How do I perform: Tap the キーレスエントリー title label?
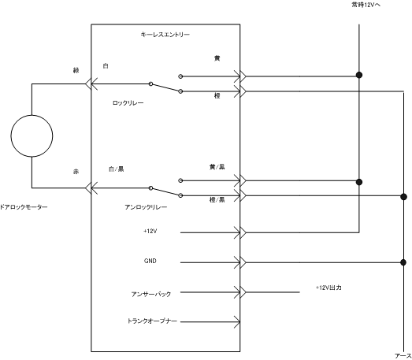[x=165, y=35]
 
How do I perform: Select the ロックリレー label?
[x=128, y=102]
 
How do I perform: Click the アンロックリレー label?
[x=146, y=207]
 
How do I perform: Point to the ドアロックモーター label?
[x=24, y=207]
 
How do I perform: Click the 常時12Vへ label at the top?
[x=366, y=5]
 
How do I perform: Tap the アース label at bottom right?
[x=403, y=356]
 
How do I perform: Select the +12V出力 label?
[x=328, y=288]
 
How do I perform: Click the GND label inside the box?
[x=150, y=261]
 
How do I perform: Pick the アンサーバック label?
[x=151, y=294]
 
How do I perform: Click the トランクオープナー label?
[x=152, y=321]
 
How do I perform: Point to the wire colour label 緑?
[x=76, y=70]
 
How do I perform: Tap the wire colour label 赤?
[x=76, y=172]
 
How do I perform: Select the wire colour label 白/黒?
[x=116, y=169]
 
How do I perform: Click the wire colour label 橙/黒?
[x=217, y=200]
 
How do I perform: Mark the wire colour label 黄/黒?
[x=217, y=167]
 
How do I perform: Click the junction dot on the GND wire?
[x=403, y=262]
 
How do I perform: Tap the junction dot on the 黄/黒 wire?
[x=359, y=182]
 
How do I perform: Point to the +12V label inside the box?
[x=150, y=232]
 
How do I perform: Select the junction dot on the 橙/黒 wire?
[x=403, y=197]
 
